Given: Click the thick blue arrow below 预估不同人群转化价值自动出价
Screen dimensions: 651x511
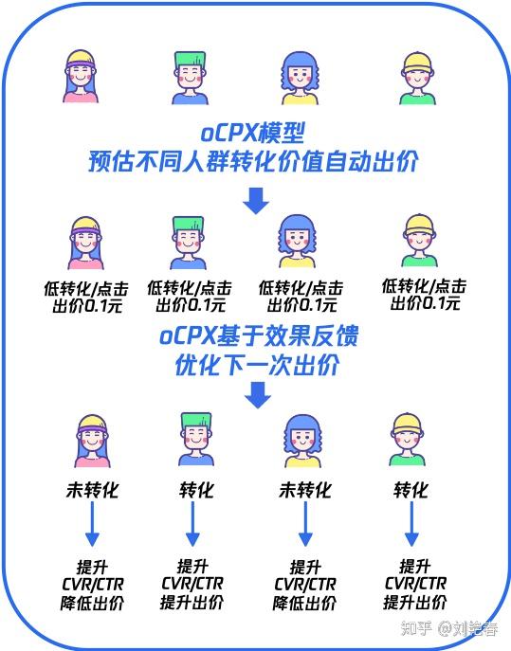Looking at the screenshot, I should coord(255,200).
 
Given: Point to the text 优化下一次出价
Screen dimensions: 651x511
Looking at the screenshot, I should coord(255,364).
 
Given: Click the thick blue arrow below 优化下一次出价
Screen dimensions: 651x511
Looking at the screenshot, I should coord(256,395).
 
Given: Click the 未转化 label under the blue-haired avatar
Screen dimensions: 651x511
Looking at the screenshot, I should coord(304,490).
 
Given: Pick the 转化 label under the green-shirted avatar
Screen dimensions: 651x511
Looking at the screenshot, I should coord(411,490).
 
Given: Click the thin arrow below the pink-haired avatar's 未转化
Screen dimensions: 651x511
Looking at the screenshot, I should coord(91,526).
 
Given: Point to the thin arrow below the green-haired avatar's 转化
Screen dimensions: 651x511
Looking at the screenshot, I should coord(193,526).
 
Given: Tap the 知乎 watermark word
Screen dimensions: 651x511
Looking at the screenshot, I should coord(415,627).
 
